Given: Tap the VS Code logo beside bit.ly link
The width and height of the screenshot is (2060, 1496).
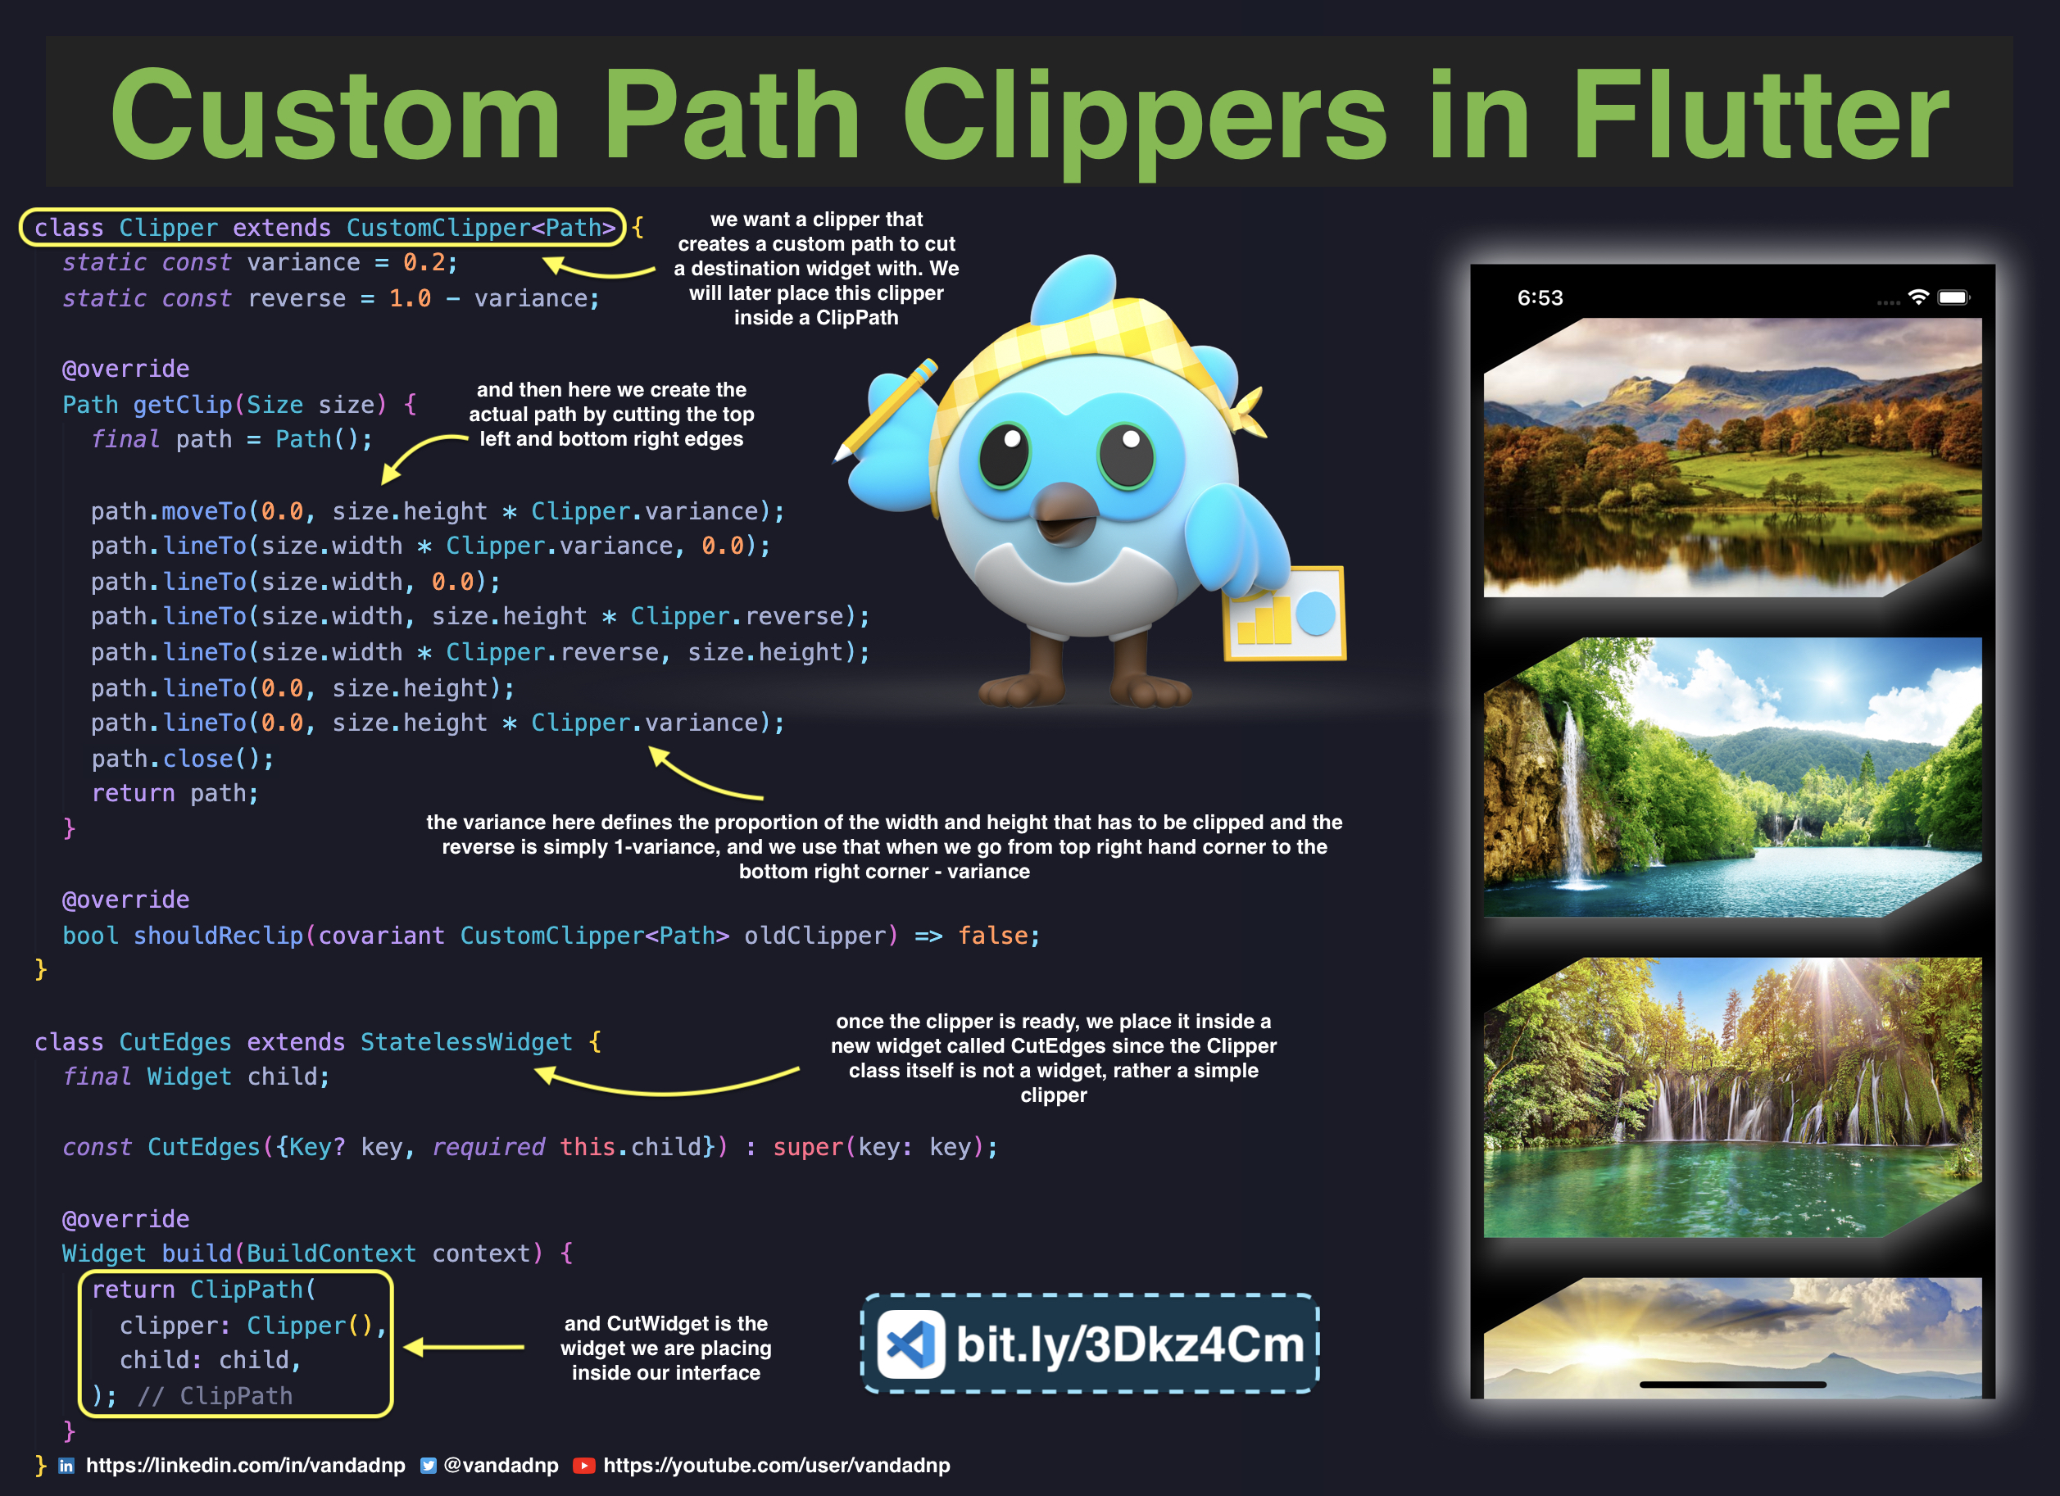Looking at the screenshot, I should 911,1344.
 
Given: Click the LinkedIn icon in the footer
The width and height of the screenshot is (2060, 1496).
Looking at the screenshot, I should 66,1465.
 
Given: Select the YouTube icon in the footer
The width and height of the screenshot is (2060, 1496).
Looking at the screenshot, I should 583,1465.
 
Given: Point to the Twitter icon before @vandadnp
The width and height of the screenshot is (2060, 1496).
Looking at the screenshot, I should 428,1465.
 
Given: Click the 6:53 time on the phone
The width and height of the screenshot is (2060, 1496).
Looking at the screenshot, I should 1540,298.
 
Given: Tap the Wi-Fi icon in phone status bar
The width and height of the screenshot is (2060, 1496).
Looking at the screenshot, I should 1917,297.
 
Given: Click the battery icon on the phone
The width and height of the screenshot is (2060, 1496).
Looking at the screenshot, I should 1953,297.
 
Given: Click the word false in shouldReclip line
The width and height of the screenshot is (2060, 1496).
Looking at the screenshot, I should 993,936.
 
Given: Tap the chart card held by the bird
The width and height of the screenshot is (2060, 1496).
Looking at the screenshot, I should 1284,613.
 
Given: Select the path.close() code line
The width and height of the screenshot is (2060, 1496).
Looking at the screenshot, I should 182,759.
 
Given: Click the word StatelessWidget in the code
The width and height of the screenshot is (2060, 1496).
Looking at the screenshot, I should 466,1042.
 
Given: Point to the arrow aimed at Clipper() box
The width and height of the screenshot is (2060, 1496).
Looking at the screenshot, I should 463,1347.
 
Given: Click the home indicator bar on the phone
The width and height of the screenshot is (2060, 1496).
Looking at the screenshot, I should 1732,1385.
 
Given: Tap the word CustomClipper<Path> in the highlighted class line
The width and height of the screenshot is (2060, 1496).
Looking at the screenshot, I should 480,227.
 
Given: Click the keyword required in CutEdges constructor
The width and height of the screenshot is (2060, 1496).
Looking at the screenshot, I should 488,1147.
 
